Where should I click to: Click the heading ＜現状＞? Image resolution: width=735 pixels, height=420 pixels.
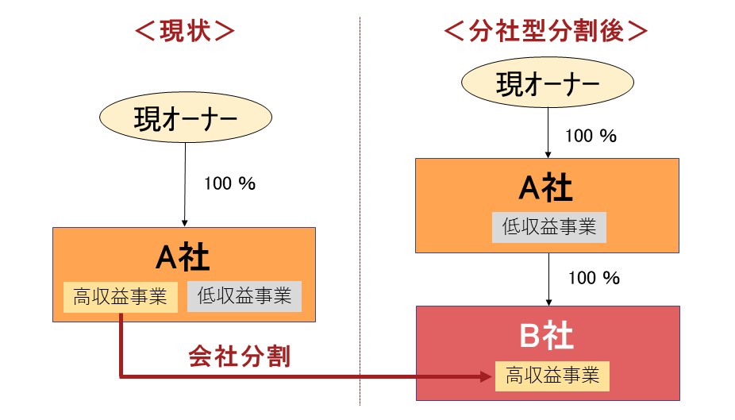pos(185,32)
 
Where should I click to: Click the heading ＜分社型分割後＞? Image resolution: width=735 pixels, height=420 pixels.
pos(546,32)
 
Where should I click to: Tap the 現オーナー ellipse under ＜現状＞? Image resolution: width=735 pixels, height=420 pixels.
pos(186,118)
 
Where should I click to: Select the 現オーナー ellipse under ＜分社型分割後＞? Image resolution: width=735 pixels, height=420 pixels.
pos(548,83)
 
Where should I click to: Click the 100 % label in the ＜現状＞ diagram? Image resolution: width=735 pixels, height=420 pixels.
pos(229,183)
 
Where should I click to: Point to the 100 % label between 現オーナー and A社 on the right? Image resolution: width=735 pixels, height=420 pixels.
pos(591,136)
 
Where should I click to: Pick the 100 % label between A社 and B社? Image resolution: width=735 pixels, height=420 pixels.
pos(594,278)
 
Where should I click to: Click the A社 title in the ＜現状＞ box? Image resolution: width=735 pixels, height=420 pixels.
pos(183,257)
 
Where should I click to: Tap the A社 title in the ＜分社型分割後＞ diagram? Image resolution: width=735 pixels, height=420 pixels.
pos(545,187)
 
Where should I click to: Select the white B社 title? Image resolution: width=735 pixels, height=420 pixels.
pos(547,335)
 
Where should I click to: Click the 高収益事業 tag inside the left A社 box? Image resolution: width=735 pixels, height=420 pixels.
pos(121,297)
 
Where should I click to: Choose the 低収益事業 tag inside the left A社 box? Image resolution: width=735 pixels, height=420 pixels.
pos(244,296)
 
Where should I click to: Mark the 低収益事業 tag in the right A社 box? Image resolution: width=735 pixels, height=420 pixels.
pos(549,227)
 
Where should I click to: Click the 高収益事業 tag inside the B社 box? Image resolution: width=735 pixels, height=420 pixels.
pos(552,376)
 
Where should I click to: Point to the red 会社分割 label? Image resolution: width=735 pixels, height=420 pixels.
pos(240,356)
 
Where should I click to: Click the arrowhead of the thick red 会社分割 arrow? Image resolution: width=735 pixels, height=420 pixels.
pos(486,376)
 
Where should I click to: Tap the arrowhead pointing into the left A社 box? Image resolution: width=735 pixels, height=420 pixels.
pos(185,223)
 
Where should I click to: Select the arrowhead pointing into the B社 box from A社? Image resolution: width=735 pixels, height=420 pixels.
pos(548,302)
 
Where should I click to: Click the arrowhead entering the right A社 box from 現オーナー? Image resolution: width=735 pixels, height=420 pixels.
pos(548,155)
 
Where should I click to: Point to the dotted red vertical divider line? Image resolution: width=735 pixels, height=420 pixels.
pos(360,211)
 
